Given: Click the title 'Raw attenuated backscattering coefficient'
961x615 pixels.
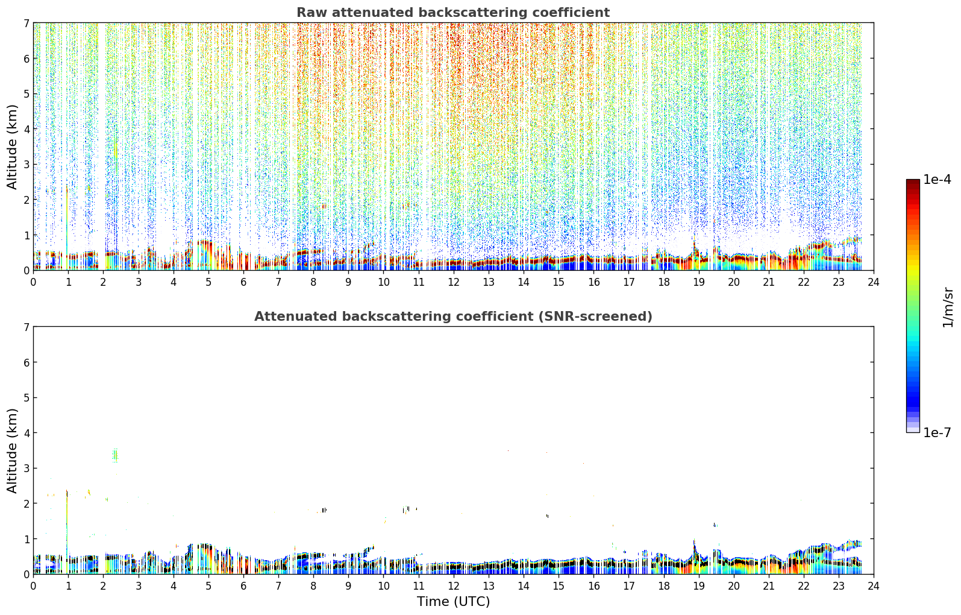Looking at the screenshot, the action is [453, 13].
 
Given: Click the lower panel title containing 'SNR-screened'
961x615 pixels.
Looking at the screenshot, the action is [453, 317].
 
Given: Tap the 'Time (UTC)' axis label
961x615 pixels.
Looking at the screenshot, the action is [453, 601].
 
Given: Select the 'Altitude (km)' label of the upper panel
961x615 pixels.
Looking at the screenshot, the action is [12, 147].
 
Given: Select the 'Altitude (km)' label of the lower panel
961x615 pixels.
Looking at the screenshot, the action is [12, 450].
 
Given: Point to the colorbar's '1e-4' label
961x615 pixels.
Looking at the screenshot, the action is [937, 180].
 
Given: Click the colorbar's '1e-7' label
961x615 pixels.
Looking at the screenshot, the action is [937, 433].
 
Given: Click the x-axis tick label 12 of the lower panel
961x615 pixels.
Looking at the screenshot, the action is [454, 586].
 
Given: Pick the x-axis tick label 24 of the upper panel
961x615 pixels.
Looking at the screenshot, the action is [874, 282].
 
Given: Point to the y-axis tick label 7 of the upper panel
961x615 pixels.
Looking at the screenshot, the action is [27, 23].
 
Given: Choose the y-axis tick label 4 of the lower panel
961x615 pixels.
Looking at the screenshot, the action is [27, 433].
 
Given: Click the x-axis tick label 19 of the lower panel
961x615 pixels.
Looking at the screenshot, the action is [699, 586].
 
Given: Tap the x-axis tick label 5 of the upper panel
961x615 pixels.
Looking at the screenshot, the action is [208, 282].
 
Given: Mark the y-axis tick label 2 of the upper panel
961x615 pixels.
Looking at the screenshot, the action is [27, 200].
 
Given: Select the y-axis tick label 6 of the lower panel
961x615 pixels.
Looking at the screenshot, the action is [27, 362].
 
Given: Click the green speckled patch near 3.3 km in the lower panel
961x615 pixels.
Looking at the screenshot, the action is [115, 455].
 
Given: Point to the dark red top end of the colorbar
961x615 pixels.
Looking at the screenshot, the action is [913, 181].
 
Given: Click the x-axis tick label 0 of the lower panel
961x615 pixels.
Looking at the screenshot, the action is [34, 586].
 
